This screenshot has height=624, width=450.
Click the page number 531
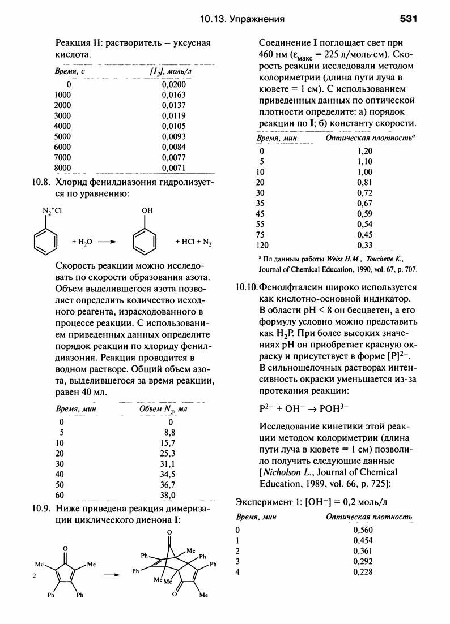(x=408, y=19)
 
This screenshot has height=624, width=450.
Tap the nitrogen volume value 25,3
(x=168, y=453)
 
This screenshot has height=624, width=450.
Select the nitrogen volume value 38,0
(x=168, y=494)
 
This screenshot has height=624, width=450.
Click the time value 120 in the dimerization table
(x=264, y=245)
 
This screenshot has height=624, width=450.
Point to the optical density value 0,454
(x=363, y=540)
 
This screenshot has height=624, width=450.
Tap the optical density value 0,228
(x=363, y=572)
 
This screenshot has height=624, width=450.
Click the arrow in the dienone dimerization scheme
(x=113, y=574)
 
